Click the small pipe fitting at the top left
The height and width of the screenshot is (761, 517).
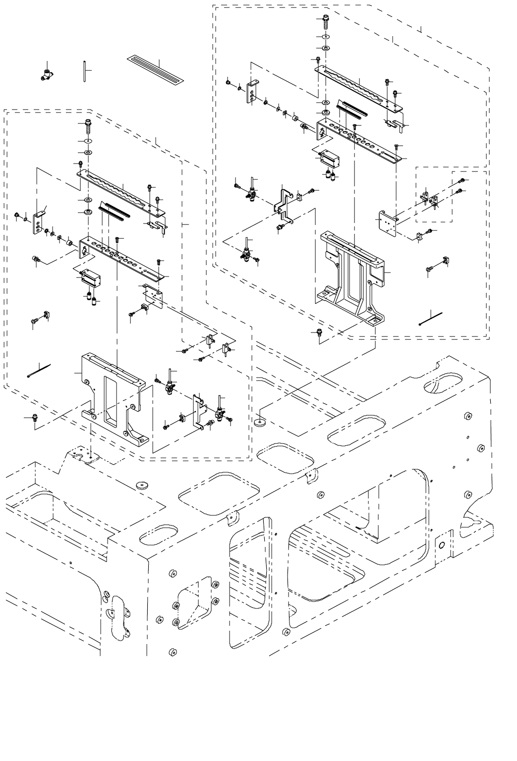(47, 76)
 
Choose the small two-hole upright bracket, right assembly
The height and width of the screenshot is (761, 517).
(252, 93)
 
